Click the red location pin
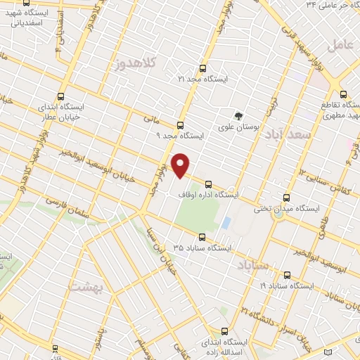(181, 165)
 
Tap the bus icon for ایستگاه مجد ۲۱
(203, 69)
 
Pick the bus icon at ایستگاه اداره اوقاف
(208, 184)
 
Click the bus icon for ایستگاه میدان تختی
(285, 198)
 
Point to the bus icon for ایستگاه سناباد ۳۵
(202, 237)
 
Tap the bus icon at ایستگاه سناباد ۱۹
(286, 276)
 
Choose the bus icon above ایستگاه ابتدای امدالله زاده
(225, 330)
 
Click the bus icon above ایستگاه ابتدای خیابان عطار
(60, 96)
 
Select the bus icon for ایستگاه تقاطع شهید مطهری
(343, 94)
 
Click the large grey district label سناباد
(253, 266)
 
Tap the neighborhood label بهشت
(86, 287)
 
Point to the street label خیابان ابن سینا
(169, 252)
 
